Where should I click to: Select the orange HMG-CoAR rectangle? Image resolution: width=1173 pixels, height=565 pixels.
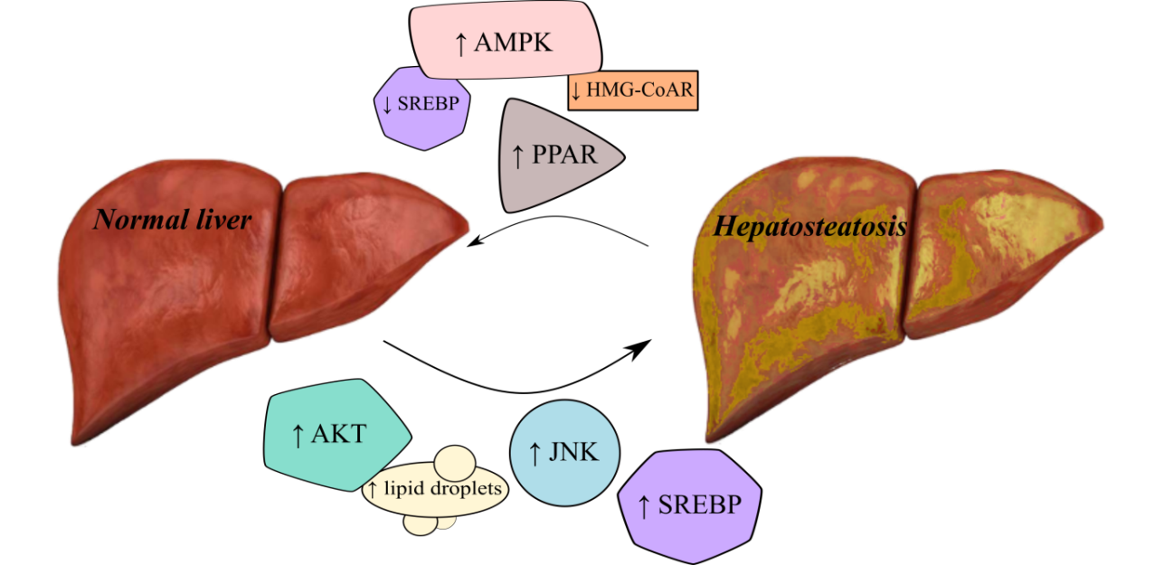(633, 91)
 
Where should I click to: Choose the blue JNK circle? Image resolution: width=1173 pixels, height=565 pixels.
(564, 451)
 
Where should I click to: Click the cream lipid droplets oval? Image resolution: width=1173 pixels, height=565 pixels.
(435, 491)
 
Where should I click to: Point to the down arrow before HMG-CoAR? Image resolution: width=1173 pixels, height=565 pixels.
(575, 92)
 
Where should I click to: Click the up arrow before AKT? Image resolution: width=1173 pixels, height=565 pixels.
(297, 436)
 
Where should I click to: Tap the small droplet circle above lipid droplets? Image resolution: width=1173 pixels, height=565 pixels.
(452, 462)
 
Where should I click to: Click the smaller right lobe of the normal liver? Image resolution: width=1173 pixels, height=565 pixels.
(362, 258)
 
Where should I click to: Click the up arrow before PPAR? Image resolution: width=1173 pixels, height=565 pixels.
(517, 155)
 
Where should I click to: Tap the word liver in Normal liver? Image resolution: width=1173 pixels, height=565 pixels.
(221, 220)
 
